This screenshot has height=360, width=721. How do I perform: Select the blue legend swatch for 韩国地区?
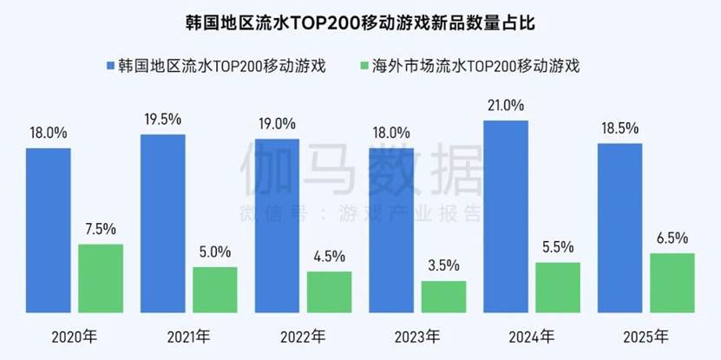111,65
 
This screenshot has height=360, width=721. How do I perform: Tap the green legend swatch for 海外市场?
362,65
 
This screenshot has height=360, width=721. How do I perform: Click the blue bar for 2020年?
49,230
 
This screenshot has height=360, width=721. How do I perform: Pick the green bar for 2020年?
101,278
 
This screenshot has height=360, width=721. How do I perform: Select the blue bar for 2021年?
162,223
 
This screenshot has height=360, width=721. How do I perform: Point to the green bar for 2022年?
329,291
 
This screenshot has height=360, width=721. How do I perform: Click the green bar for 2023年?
443,296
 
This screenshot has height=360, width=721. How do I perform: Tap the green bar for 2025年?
672,282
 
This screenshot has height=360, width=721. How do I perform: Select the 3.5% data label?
443,265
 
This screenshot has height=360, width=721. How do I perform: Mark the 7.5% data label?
101,229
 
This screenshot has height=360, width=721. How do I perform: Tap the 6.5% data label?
672,238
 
